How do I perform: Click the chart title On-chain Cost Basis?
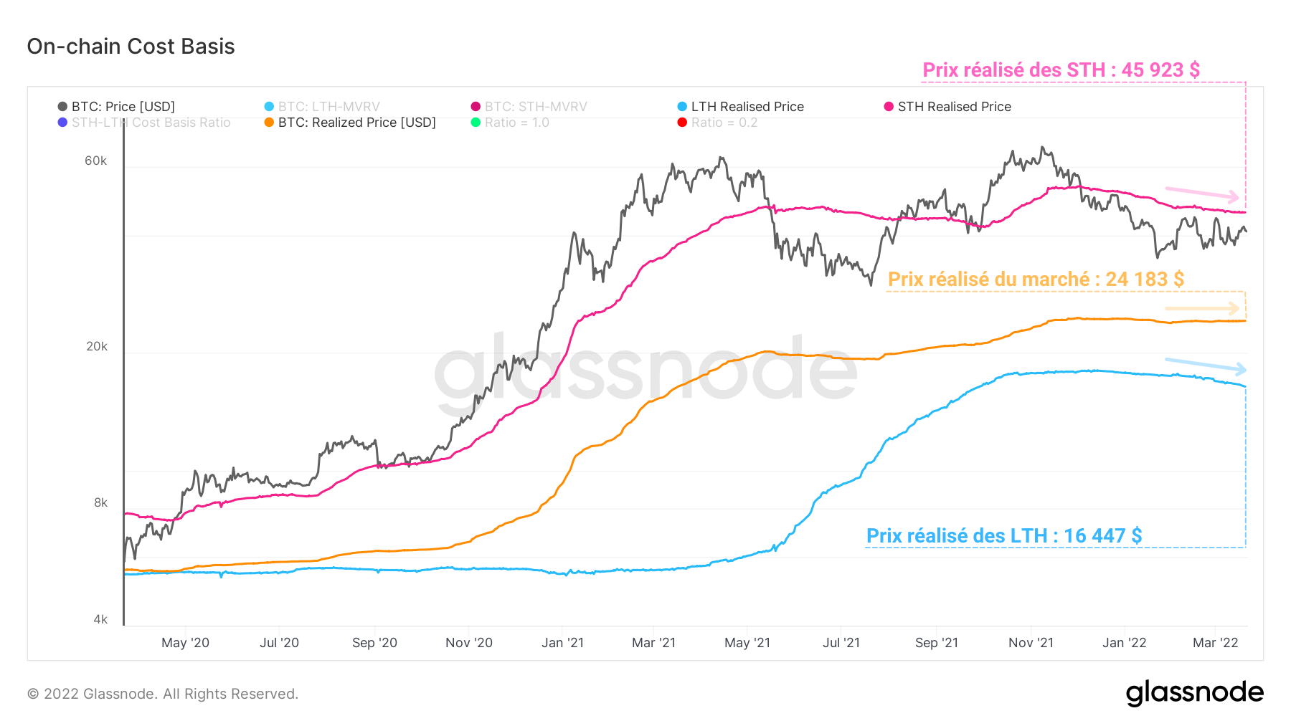click(131, 47)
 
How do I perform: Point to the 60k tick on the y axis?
click(96, 161)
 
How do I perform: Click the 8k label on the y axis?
click(100, 502)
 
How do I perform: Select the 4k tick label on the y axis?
click(100, 619)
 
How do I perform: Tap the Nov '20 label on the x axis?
click(468, 643)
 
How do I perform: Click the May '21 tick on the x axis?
click(747, 643)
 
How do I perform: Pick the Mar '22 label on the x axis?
click(1215, 643)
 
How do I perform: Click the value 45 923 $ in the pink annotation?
click(1160, 70)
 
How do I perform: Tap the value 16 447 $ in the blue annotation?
click(1102, 536)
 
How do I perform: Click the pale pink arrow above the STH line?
click(1202, 194)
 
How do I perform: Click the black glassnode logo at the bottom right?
click(1194, 693)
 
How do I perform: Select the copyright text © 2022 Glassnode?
click(163, 694)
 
